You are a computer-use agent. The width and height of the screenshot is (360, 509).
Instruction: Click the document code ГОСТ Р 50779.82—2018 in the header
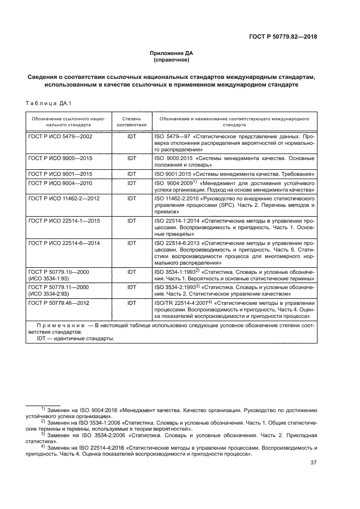(x=283, y=37)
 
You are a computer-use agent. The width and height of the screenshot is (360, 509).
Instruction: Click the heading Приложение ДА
(x=172, y=53)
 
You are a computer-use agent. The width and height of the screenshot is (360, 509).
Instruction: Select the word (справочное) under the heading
(x=172, y=60)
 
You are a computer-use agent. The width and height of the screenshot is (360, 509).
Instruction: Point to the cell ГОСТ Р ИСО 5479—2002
(x=60, y=136)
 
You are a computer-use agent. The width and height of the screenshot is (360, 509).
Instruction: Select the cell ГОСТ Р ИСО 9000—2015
(x=60, y=158)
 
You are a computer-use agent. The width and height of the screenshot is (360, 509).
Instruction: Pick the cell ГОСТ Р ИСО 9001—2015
(x=60, y=174)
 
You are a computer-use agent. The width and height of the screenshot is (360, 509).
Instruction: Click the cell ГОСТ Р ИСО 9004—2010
(x=60, y=183)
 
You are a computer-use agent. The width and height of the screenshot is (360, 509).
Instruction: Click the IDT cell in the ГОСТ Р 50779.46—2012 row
(x=131, y=302)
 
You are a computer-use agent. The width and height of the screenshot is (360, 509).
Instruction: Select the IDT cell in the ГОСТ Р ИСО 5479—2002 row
(x=131, y=136)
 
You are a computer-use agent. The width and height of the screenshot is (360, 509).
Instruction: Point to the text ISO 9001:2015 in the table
(x=173, y=174)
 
